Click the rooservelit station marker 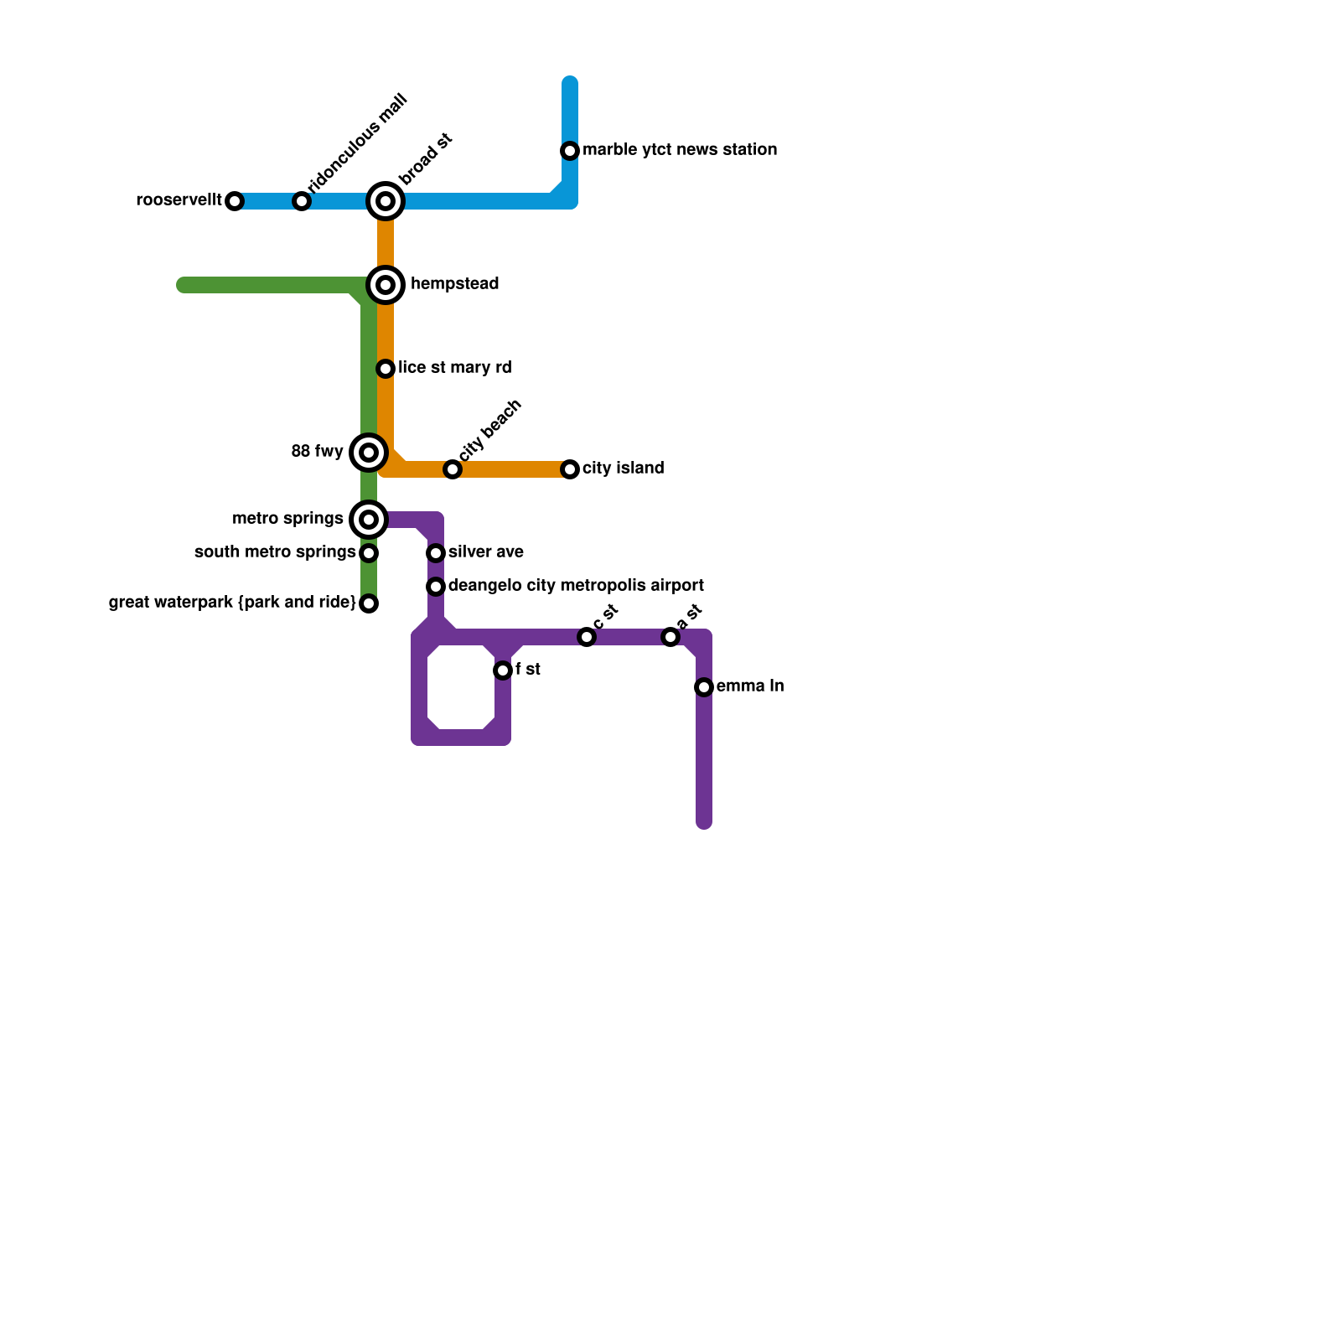(235, 201)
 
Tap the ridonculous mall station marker (302, 201)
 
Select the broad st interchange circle (386, 201)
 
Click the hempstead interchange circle (386, 285)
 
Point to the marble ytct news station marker (570, 151)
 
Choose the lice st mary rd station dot (386, 369)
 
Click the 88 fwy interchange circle (369, 453)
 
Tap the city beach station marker (453, 469)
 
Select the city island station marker (570, 469)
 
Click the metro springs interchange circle (369, 520)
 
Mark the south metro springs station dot (369, 553)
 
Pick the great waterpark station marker (369, 603)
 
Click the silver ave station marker (436, 553)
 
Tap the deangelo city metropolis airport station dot (436, 587)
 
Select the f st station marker (503, 670)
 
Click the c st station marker (587, 638)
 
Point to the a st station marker (670, 638)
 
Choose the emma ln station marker (704, 687)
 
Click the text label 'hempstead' (454, 284)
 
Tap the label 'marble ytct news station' (680, 150)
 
